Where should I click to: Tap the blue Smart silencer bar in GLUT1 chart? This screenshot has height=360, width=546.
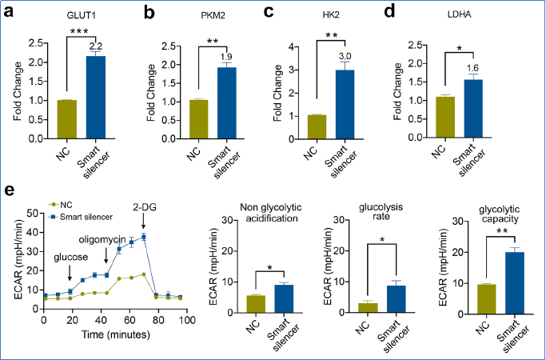point(97,97)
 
